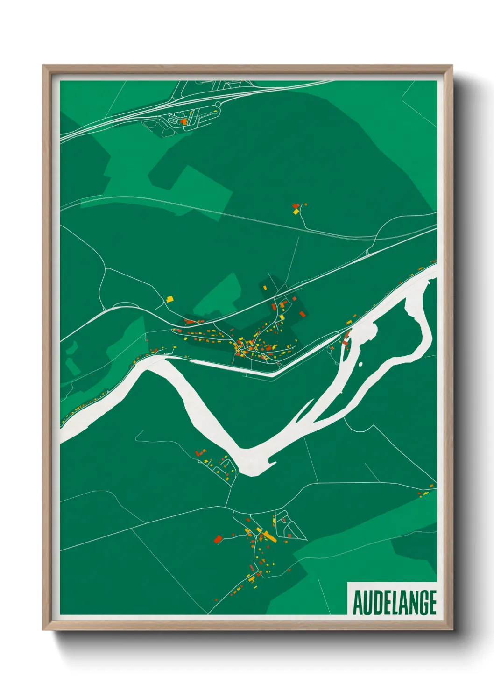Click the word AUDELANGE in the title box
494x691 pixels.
tap(394, 603)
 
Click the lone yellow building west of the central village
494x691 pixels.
tap(170, 298)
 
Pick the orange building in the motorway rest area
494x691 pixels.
tap(184, 121)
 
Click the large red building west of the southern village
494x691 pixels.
tap(218, 539)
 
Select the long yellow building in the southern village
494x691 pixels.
tap(270, 537)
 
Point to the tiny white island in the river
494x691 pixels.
tap(360, 364)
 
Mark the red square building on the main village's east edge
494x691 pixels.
tap(303, 314)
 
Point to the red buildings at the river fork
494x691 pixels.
tap(346, 339)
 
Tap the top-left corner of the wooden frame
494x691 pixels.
tap(45, 67)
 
